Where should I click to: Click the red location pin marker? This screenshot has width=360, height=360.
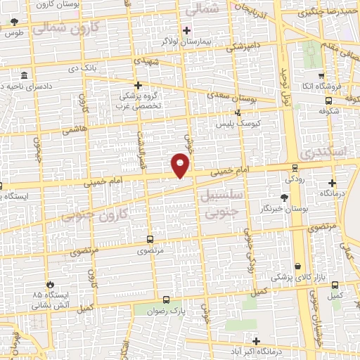tap(181, 165)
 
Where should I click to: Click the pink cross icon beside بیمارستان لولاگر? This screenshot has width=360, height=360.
tap(186, 30)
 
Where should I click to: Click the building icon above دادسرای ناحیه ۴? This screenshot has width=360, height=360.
tap(25, 75)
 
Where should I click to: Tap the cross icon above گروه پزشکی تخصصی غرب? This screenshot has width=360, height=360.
tap(138, 85)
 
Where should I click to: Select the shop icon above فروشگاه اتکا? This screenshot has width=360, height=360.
tap(321, 76)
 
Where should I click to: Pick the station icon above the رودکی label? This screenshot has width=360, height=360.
tap(293, 167)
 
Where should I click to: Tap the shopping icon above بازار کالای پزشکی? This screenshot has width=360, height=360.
tap(300, 266)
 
